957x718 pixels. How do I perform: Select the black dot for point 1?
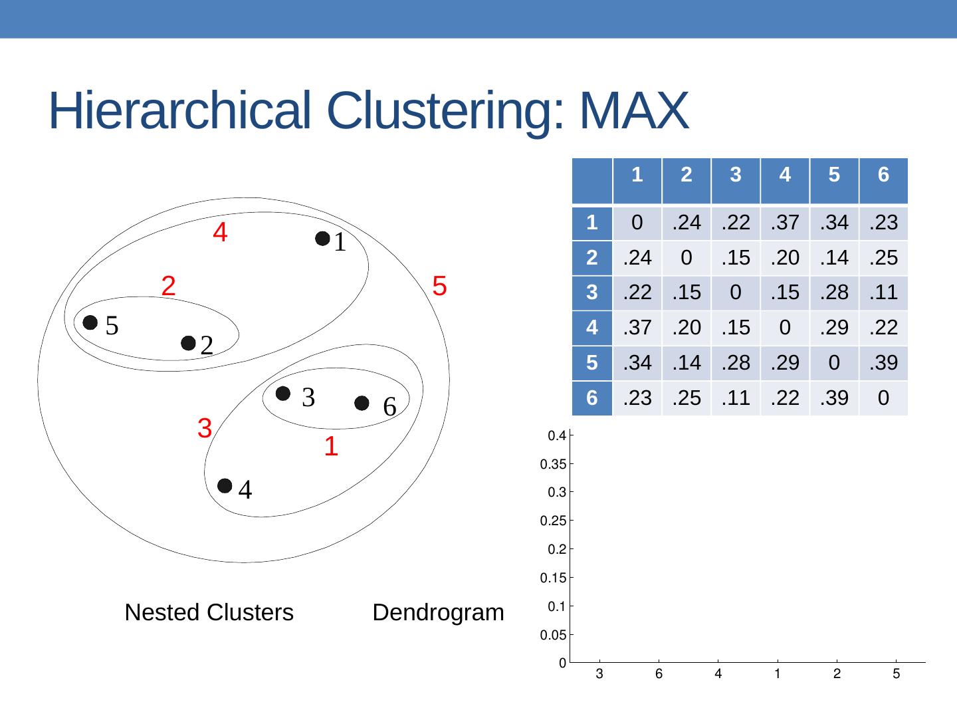322,239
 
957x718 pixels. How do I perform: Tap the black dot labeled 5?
90,322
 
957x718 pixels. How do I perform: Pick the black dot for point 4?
225,486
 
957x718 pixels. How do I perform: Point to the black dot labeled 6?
362,404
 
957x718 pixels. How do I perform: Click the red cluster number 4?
221,233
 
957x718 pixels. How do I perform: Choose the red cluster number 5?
439,286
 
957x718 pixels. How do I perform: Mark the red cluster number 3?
205,428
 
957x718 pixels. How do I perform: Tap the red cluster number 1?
331,447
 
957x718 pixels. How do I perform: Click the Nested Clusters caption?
209,612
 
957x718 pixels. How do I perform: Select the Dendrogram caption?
438,612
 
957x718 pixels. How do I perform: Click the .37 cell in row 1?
785,223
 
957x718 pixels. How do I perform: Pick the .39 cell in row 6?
834,398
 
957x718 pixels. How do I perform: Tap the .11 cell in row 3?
883,292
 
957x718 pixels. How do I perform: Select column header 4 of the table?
785,175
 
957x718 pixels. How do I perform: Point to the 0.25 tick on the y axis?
553,521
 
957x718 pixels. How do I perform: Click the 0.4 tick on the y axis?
556,436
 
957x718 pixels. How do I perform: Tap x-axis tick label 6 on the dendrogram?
659,674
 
